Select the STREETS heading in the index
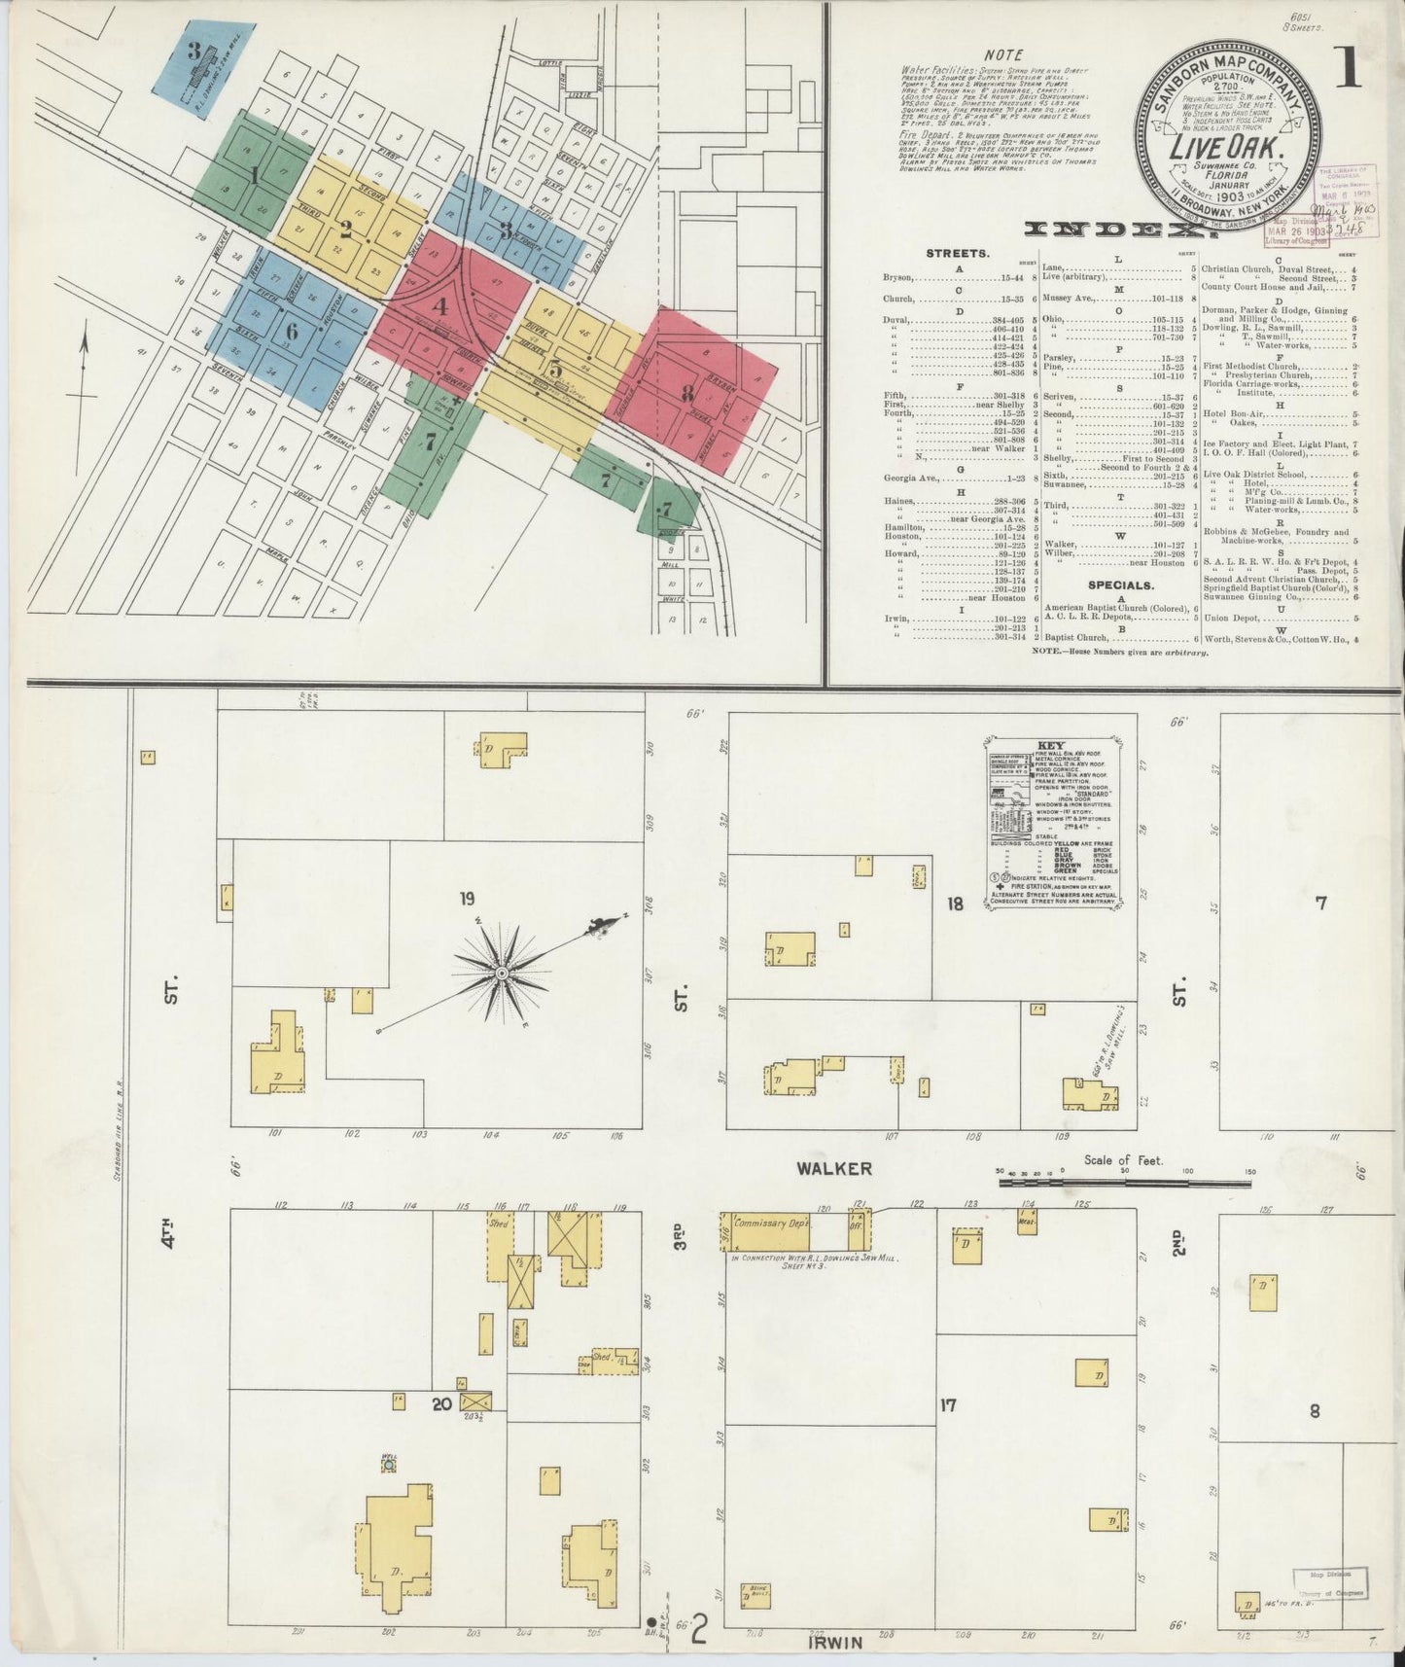pyautogui.click(x=958, y=253)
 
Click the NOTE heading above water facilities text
pyautogui.click(x=1003, y=55)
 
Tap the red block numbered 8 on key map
pyautogui.click(x=687, y=395)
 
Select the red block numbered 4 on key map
pyautogui.click(x=440, y=305)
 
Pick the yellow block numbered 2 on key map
pyautogui.click(x=345, y=230)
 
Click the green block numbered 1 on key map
pyautogui.click(x=254, y=176)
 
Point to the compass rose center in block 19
pyautogui.click(x=501, y=974)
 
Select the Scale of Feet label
pyautogui.click(x=1124, y=1161)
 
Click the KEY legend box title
pyautogui.click(x=1051, y=744)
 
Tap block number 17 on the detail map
pyautogui.click(x=948, y=1404)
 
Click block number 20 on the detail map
pyautogui.click(x=441, y=1402)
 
